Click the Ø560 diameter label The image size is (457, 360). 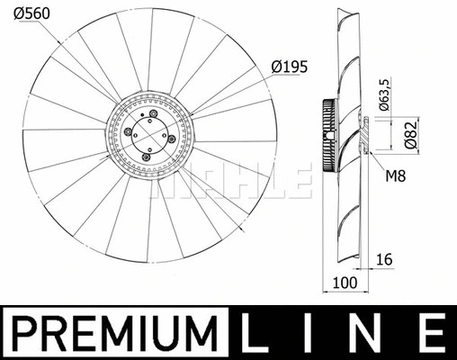click(x=31, y=15)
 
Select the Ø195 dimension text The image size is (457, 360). click(x=289, y=67)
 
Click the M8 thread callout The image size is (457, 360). click(x=396, y=175)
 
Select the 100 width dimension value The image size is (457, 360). click(x=345, y=283)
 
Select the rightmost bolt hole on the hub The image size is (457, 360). click(x=169, y=139)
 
